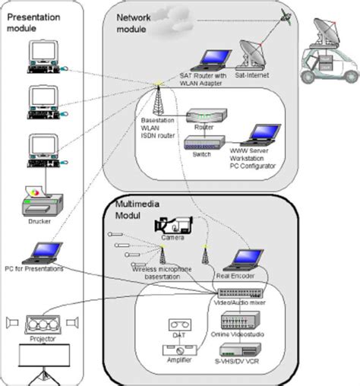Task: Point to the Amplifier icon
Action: pos(181,350)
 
